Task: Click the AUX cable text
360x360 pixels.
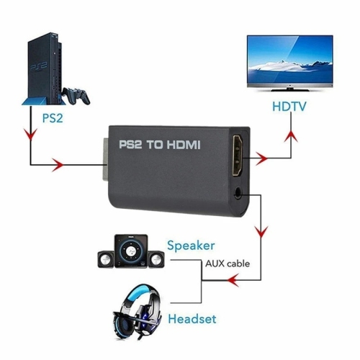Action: pos(228,264)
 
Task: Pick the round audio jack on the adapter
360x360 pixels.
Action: pos(239,192)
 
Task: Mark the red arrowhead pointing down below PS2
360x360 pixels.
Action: pos(30,135)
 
